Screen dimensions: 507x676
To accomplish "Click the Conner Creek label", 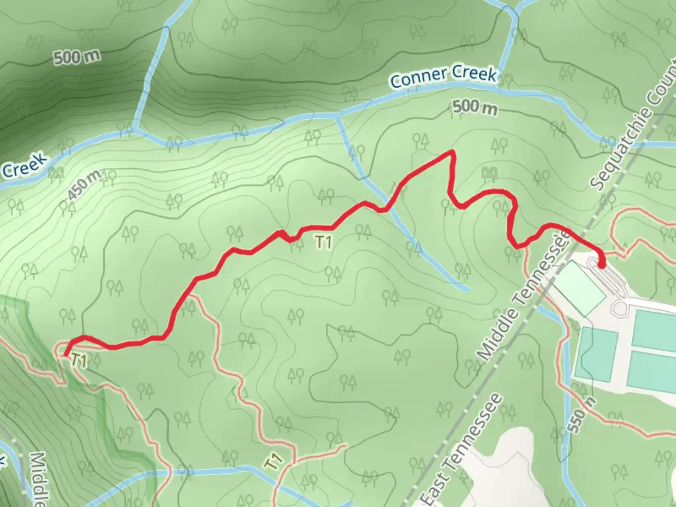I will click(x=443, y=77).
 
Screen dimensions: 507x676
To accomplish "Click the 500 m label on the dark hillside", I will click(x=77, y=57).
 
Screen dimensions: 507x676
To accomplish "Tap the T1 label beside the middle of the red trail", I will click(x=323, y=242).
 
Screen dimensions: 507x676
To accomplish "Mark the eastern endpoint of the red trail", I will click(x=601, y=265).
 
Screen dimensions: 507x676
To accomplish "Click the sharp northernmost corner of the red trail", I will click(x=452, y=151).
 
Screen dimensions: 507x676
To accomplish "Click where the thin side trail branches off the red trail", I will click(x=190, y=296).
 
